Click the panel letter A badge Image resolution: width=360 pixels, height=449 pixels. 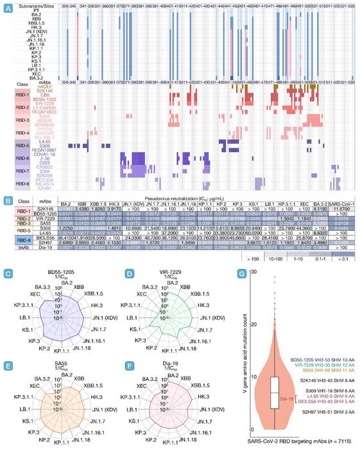pyautogui.click(x=8, y=6)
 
